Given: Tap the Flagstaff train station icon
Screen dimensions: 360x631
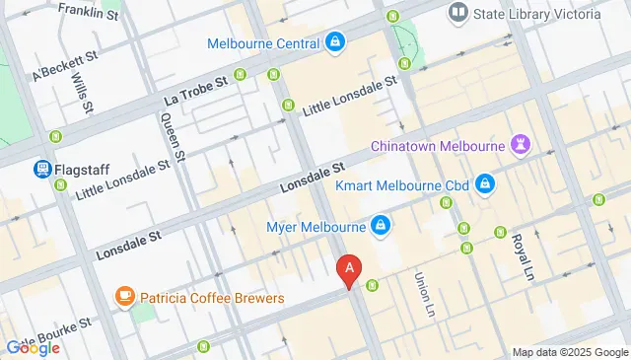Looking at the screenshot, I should point(42,170).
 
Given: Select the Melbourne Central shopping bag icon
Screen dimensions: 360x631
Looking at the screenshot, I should point(335,42).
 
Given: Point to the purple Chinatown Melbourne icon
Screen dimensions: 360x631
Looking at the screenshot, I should point(523,145).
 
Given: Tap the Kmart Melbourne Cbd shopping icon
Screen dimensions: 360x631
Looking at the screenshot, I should point(484,183).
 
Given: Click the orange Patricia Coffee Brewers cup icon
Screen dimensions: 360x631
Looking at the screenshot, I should point(124,296).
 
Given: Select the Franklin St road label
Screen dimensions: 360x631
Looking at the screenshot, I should point(89,12).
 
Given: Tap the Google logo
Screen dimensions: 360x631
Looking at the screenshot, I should point(33,347).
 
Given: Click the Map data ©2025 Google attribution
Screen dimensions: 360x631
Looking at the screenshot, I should point(569,352).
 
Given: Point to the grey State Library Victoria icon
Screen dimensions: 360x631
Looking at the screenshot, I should point(456,13).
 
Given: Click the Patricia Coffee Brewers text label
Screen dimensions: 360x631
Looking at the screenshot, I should point(211,297).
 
